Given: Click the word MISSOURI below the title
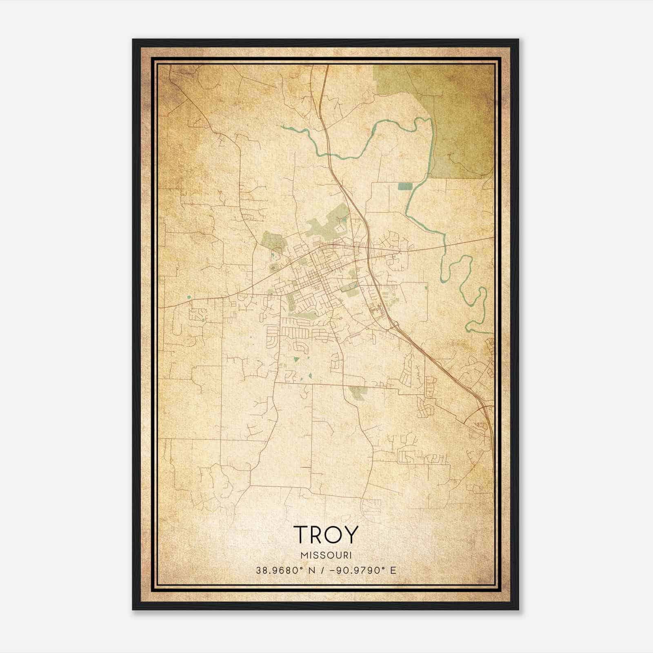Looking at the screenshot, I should click(x=326, y=555).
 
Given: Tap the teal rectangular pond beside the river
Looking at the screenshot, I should click(x=405, y=187).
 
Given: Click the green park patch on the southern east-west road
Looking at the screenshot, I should click(x=357, y=392).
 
